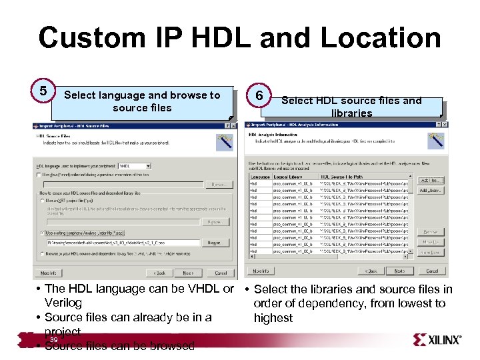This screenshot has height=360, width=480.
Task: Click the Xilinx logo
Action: pos(437,340)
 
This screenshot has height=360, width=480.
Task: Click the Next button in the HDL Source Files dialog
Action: pos(189,273)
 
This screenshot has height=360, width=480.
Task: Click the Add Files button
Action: pos(431,180)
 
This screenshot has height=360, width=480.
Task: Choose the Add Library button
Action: pos(431,191)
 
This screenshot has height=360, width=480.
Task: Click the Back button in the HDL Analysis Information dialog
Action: pos(371,271)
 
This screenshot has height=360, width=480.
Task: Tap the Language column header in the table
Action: pos(259,177)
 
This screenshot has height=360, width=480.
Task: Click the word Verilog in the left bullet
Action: pos(63,303)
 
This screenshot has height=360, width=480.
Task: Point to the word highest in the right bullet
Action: pos(273,318)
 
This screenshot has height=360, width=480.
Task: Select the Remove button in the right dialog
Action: pos(431,232)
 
